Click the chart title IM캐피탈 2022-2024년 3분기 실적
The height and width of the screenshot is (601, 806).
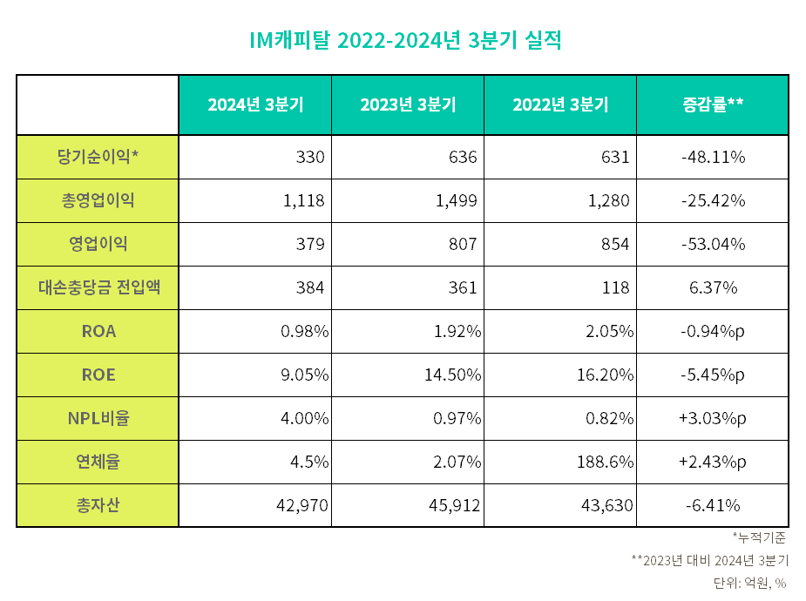403,40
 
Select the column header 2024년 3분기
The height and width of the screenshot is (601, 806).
255,105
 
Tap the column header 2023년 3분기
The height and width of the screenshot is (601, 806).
408,105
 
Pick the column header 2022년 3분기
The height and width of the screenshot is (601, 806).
560,105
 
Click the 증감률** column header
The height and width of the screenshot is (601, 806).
712,105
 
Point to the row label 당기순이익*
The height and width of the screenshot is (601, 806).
98,157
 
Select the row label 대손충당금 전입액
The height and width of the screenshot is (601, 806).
98,287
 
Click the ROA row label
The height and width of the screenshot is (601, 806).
98,331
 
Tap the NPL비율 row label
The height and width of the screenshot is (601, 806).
98,418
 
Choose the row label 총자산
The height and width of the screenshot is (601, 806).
98,505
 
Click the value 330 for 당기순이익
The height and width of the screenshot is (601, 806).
310,157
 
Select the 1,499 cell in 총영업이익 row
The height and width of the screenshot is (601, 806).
457,200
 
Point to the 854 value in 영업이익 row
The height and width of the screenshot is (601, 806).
614,244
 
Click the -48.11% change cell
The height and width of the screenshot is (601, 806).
712,157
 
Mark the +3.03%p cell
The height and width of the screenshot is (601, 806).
712,418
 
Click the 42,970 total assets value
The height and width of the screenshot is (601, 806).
299,505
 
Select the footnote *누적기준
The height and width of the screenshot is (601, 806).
760,537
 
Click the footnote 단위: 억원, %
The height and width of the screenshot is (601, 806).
749,583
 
